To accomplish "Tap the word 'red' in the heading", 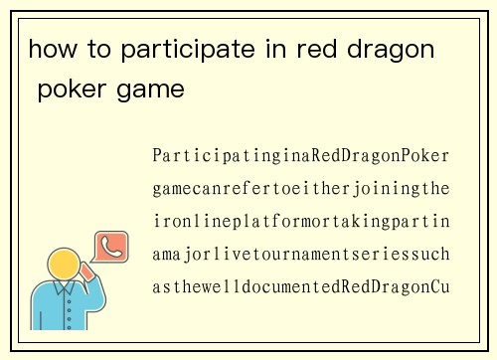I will tap(316, 49).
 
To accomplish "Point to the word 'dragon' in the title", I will tap(393, 50).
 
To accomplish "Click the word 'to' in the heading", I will tap(95, 49).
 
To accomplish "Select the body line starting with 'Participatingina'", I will tap(301, 156).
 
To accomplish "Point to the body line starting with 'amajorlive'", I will tap(301, 255).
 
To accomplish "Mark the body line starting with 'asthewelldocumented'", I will tap(301, 287).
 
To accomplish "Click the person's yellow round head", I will tap(65, 266).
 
